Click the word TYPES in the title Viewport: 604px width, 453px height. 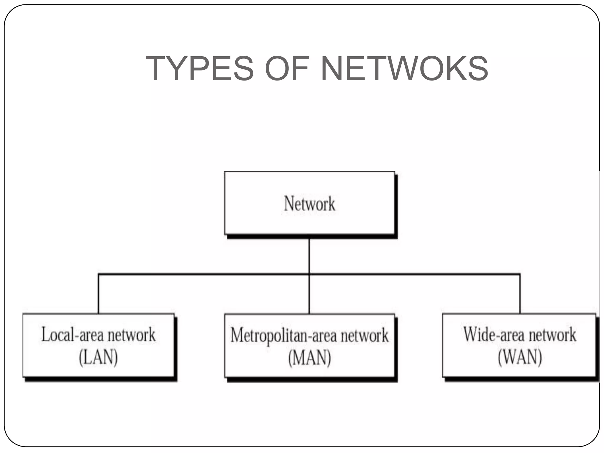coord(199,68)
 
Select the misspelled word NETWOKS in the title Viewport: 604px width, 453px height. coord(404,68)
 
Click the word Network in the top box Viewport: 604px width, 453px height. coord(309,203)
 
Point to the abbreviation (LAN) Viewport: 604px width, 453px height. coord(98,357)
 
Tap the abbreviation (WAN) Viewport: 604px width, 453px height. coord(520,357)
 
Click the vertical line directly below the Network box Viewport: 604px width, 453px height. coord(309,255)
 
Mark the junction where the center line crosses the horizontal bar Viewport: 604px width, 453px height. coord(309,274)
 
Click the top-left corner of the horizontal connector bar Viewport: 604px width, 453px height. coord(98,274)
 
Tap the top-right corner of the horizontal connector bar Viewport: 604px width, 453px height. coord(520,274)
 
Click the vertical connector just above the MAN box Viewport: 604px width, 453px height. coord(309,295)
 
